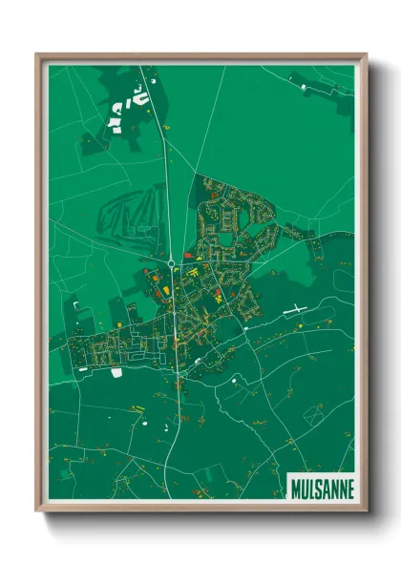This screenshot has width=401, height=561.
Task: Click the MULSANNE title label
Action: [321, 488]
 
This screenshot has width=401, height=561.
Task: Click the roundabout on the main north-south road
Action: [171, 262]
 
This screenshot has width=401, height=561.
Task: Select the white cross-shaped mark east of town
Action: [296, 309]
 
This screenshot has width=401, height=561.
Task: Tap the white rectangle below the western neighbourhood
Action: [116, 372]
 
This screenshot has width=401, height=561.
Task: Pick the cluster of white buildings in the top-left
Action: [128, 107]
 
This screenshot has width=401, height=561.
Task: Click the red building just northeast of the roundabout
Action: [188, 256]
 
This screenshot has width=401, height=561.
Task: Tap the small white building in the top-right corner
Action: [304, 87]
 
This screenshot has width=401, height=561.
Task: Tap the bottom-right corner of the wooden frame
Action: [366, 509]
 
